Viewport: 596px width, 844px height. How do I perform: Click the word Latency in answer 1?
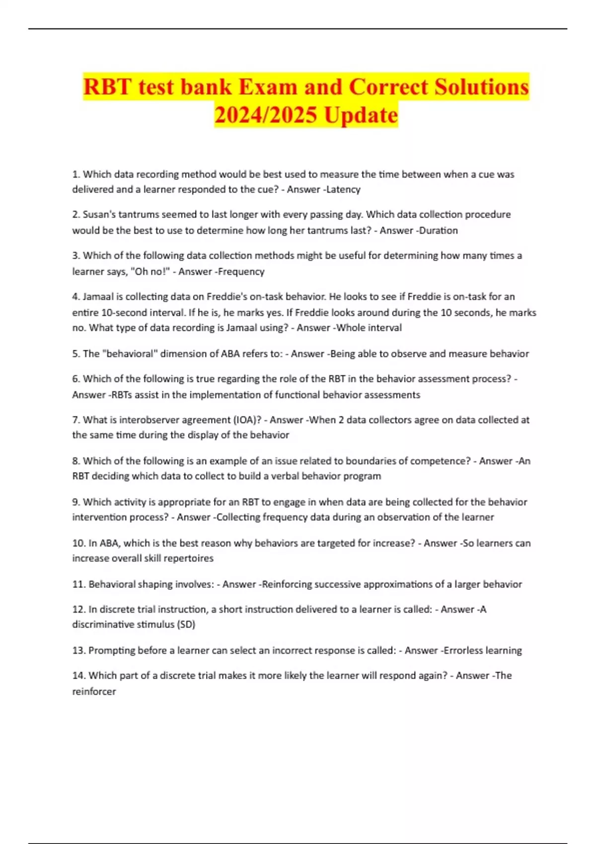[x=344, y=189]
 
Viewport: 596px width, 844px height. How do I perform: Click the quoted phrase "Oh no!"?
[x=151, y=272]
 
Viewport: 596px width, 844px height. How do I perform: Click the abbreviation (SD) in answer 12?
[x=186, y=625]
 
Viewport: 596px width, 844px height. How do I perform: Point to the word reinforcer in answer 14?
[x=94, y=692]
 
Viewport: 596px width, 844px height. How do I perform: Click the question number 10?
[x=78, y=543]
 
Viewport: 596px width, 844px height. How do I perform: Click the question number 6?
[x=75, y=379]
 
